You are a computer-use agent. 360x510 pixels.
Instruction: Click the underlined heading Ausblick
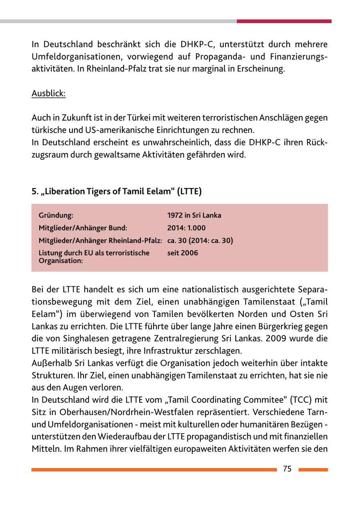pos(48,94)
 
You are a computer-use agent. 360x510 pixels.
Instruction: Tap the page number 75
pos(287,469)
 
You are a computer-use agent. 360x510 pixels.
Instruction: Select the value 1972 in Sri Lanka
pos(194,215)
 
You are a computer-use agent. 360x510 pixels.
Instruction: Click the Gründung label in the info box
pos(56,215)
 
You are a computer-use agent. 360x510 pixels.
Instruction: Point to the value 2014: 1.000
pos(186,228)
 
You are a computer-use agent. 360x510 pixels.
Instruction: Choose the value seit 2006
pos(182,253)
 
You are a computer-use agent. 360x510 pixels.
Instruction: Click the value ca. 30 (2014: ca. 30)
pos(200,241)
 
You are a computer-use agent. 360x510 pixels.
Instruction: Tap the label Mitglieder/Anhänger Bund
pos(82,228)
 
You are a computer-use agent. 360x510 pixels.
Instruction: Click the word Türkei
pos(138,118)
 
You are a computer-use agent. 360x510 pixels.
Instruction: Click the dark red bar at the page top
pos(284,21)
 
